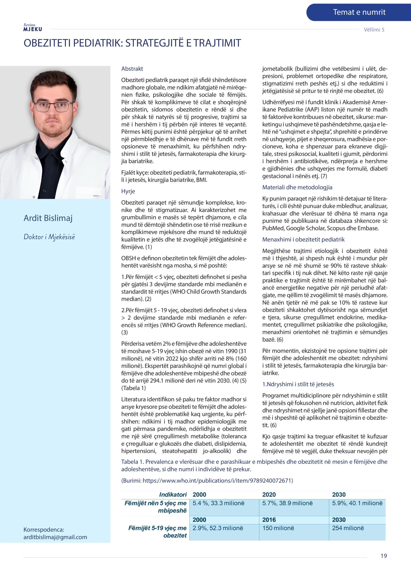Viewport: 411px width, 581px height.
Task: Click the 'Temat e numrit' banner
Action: tap(359, 12)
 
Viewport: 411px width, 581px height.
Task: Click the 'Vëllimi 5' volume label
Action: tap(374, 30)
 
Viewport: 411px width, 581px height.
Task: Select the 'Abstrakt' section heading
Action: tap(132, 69)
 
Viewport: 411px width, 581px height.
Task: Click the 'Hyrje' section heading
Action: tap(128, 191)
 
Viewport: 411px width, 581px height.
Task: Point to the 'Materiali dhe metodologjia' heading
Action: tap(297, 187)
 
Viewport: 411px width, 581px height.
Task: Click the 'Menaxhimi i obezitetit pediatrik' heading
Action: tap(303, 239)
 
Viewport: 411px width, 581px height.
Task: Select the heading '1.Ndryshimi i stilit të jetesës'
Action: tap(298, 384)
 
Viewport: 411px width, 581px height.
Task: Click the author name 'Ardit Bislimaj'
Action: tap(48, 218)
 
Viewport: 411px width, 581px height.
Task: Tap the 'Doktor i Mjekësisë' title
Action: tap(49, 237)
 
